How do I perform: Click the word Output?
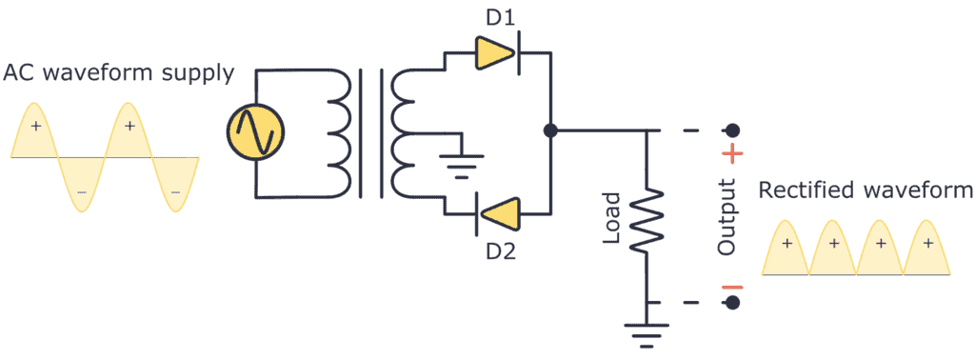(x=727, y=216)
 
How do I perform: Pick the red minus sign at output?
(x=732, y=287)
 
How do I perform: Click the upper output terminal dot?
(x=732, y=130)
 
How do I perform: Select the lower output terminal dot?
(x=732, y=303)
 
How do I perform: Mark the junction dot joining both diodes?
(x=549, y=130)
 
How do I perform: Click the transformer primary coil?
(x=337, y=132)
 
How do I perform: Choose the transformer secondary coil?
(x=408, y=132)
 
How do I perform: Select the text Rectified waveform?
(x=866, y=190)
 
